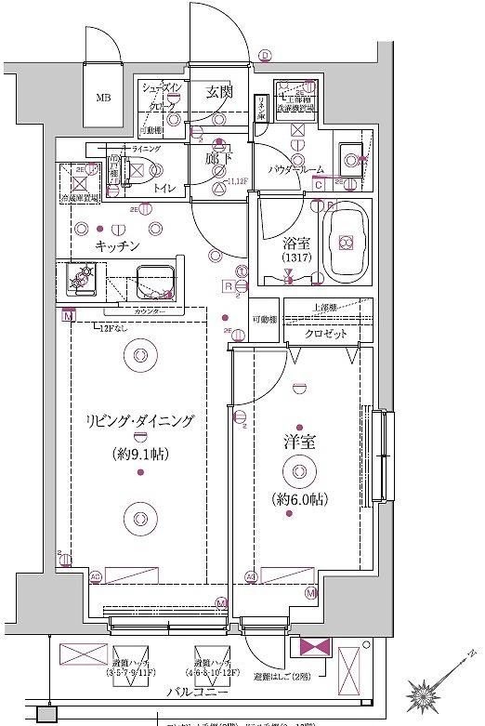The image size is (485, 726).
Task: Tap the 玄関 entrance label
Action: pyautogui.click(x=219, y=91)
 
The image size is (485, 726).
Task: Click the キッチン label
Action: pyautogui.click(x=117, y=245)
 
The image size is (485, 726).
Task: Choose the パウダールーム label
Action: pyautogui.click(x=296, y=169)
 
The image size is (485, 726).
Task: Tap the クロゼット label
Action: pyautogui.click(x=325, y=333)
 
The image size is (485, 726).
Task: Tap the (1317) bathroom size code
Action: pyautogui.click(x=295, y=257)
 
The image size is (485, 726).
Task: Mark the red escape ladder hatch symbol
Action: pyautogui.click(x=308, y=649)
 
